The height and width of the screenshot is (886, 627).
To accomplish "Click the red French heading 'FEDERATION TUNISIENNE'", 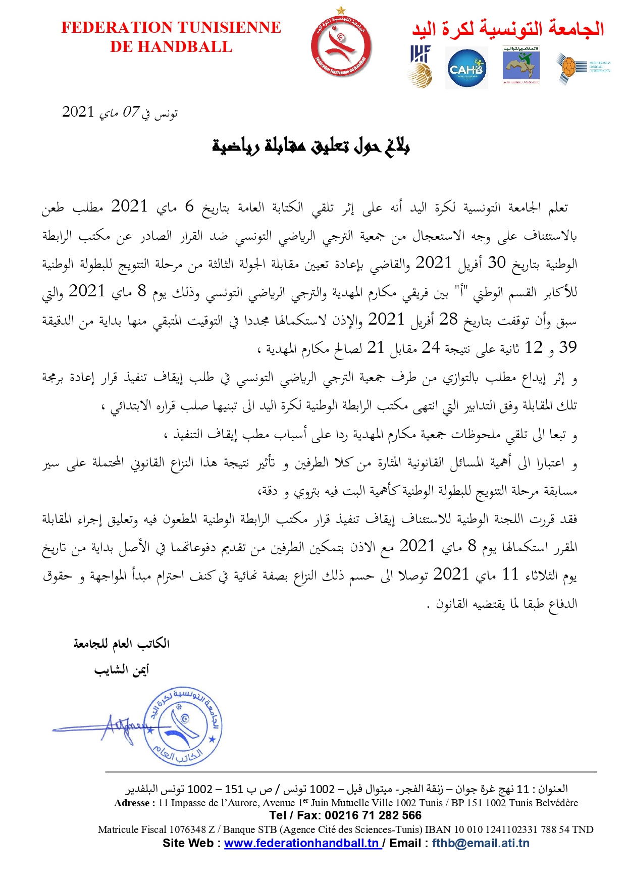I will click(x=171, y=27).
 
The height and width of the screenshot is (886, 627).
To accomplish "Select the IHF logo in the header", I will click(x=421, y=66).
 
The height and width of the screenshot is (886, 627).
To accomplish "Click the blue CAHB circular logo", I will click(x=466, y=68).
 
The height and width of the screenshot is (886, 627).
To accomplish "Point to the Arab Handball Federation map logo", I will click(x=521, y=66).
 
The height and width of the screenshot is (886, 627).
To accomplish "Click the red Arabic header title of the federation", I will click(x=508, y=28).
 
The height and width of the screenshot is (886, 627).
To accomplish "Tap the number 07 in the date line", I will click(x=131, y=112).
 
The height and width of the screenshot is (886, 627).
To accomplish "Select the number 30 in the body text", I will click(x=496, y=263).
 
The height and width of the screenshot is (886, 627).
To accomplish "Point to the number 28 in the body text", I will click(x=448, y=319).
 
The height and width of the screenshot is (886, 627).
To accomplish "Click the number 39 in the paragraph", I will click(x=567, y=347).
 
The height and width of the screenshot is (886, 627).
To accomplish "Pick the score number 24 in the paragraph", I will click(x=431, y=347).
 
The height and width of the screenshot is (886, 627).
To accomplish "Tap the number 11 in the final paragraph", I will click(x=510, y=574).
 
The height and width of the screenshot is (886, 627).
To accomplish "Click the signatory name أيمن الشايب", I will click(x=122, y=670).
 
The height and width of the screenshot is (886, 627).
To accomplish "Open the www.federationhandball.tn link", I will click(x=302, y=843).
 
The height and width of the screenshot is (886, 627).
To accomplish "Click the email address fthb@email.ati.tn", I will click(x=481, y=843).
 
